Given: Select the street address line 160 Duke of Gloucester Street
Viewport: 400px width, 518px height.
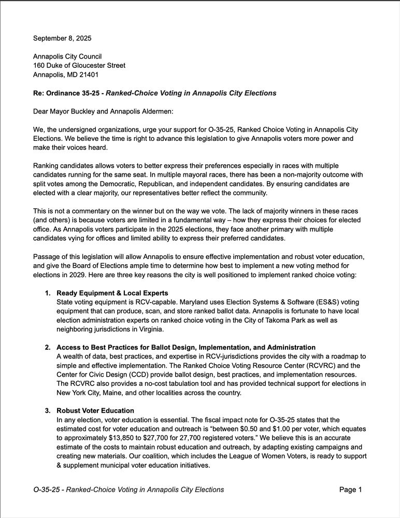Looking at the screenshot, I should [x=79, y=65].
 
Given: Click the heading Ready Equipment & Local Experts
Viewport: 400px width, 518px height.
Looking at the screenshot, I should [x=112, y=293].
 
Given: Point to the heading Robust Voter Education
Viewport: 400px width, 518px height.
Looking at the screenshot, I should [x=95, y=411].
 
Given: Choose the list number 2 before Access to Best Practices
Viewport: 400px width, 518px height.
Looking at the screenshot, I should [x=48, y=347].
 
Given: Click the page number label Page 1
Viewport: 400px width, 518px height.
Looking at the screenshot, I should [x=350, y=490].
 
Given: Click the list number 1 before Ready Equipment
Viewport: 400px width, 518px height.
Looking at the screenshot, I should [x=48, y=293].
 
